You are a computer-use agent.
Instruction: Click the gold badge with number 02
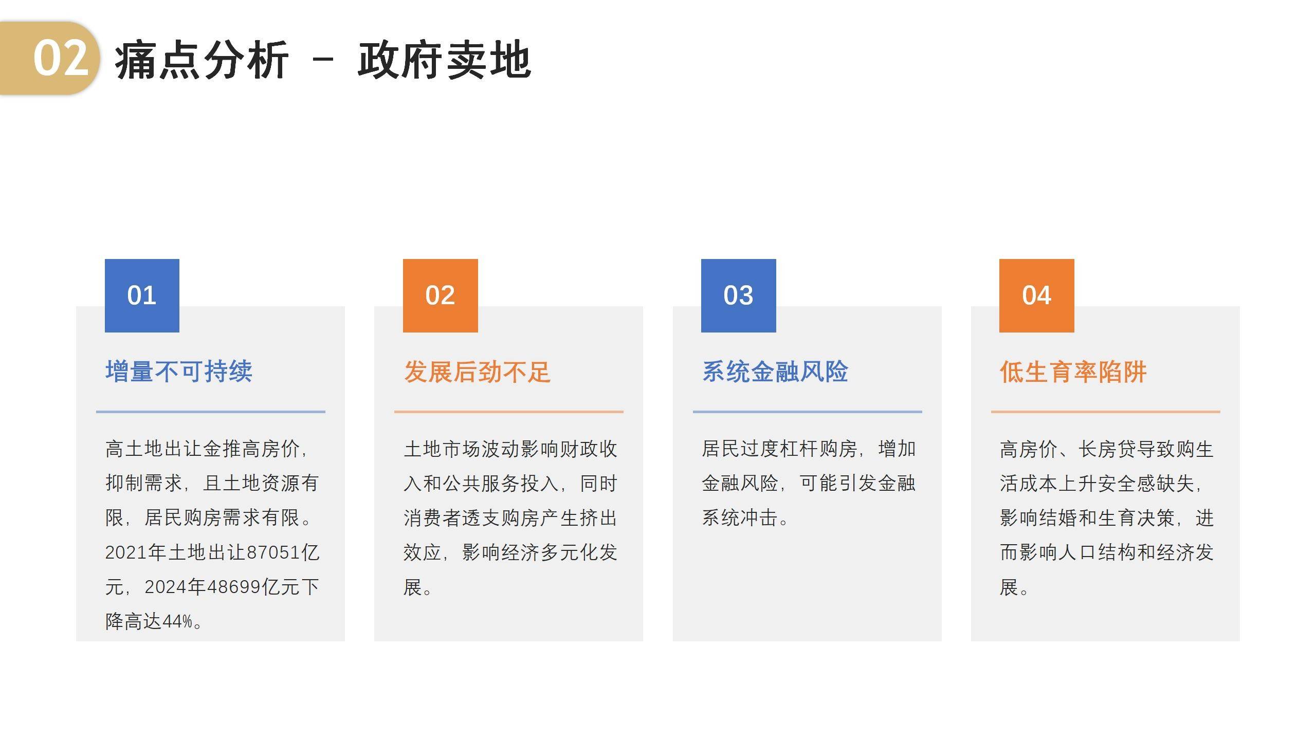click(x=49, y=58)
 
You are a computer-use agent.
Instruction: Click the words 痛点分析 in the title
click(x=202, y=61)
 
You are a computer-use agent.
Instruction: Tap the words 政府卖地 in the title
click(x=445, y=61)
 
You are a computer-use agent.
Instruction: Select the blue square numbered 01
click(x=142, y=295)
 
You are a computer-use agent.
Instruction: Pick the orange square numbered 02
click(x=441, y=295)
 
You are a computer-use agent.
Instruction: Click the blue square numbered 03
click(x=739, y=295)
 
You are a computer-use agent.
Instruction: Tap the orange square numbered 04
click(x=1037, y=295)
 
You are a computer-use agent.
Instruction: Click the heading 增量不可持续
click(x=179, y=372)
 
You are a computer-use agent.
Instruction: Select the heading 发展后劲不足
click(x=478, y=372)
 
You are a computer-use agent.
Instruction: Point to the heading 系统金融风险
click(x=775, y=372)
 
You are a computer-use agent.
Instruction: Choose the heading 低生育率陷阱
click(x=1073, y=372)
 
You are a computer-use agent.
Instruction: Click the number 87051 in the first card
click(x=273, y=552)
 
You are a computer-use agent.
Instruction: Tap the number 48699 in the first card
click(x=235, y=587)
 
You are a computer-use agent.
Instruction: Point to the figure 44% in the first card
click(x=177, y=622)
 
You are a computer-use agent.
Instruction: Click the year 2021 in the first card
click(x=126, y=552)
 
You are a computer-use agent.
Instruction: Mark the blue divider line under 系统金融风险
click(x=808, y=412)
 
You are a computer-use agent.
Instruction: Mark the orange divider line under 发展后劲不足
click(x=509, y=412)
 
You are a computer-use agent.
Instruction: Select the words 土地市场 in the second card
click(x=442, y=449)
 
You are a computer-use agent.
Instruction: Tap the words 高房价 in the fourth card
click(x=1029, y=449)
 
